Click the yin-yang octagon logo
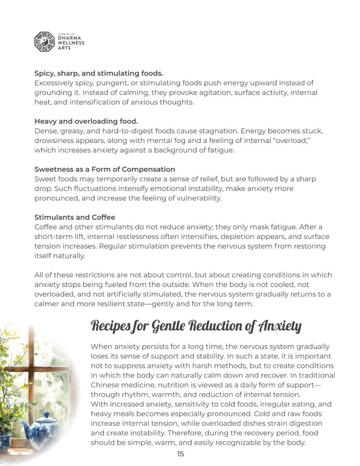click(x=44, y=41)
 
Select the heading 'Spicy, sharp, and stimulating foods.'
click(x=99, y=73)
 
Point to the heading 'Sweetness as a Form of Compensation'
click(x=105, y=169)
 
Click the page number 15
click(x=180, y=454)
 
